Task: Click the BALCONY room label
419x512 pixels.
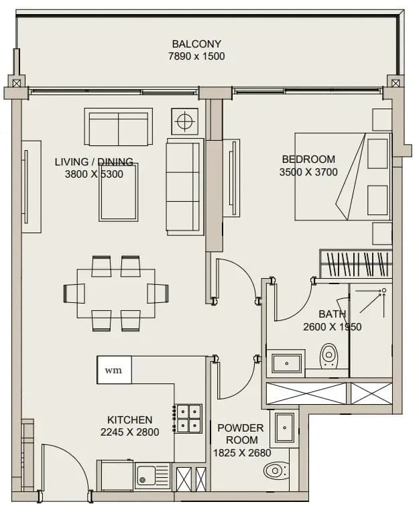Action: [x=196, y=44]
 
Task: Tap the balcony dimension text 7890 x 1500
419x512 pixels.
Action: [x=196, y=56]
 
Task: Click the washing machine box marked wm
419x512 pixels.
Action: [x=114, y=370]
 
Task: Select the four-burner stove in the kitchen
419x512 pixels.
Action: [x=188, y=419]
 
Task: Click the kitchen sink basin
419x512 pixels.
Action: [x=146, y=475]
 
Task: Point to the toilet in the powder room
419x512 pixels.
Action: [x=276, y=471]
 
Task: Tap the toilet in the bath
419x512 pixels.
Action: [x=328, y=356]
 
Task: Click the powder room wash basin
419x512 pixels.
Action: [x=284, y=427]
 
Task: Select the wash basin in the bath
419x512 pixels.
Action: [x=286, y=363]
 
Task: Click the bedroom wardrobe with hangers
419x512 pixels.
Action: [x=356, y=264]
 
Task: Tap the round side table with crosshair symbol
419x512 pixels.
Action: [x=185, y=121]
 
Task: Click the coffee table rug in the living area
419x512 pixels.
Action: [x=119, y=192]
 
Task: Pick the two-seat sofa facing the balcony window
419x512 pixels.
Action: [x=119, y=127]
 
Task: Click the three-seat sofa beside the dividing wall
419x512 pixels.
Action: [x=185, y=187]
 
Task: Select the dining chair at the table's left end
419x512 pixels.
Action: [x=74, y=294]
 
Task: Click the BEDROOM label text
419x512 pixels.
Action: [x=308, y=159]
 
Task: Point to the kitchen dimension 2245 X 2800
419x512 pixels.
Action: [x=129, y=432]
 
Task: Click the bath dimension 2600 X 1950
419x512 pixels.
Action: [x=332, y=326]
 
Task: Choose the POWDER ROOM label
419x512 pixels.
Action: [x=241, y=434]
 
